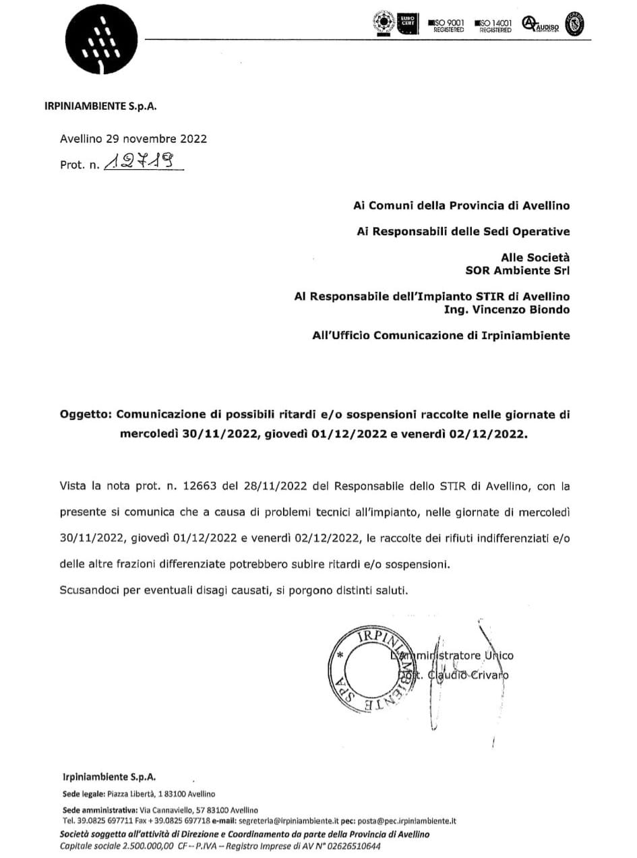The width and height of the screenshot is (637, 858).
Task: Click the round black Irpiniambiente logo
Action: pos(101,41)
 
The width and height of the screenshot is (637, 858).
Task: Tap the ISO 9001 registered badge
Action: pos(446,26)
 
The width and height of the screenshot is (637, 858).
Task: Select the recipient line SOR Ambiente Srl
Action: pos(518,271)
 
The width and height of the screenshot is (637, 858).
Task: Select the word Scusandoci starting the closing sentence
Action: pos(88,590)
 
